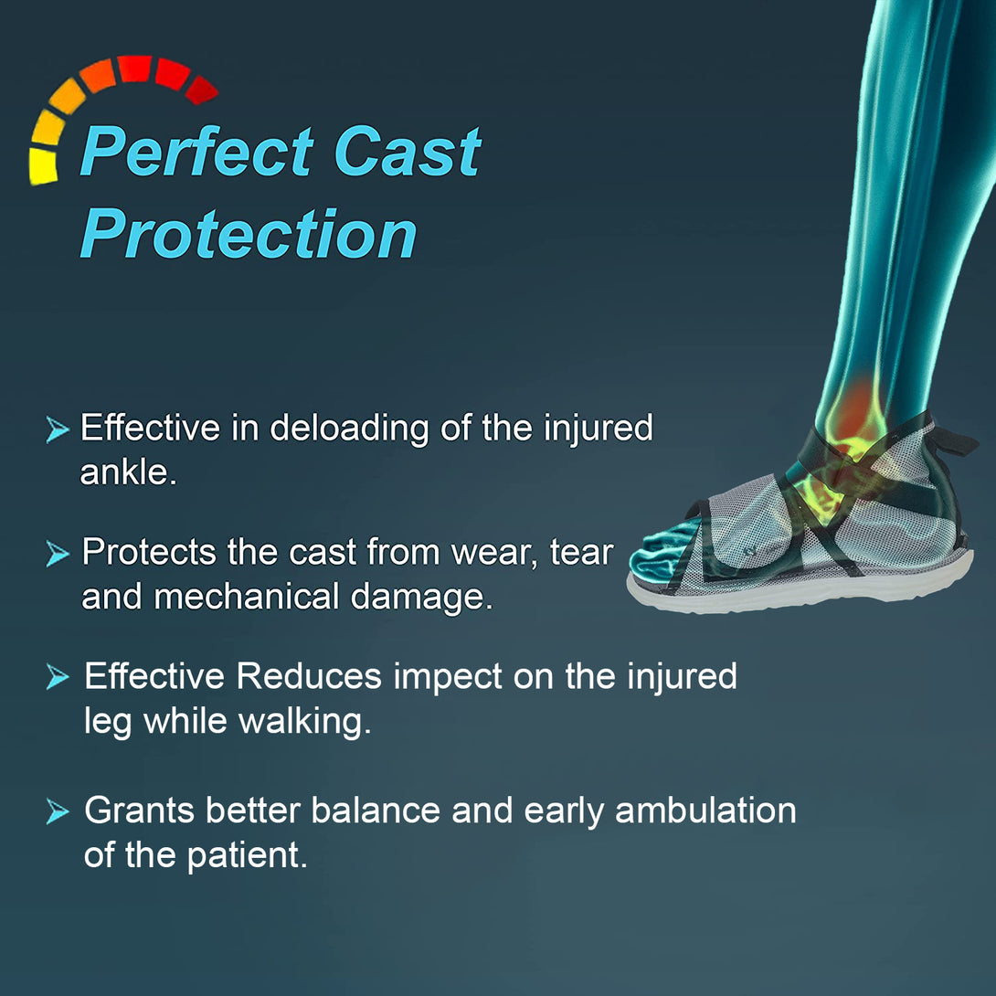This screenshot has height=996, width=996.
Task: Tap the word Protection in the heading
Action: point(249,235)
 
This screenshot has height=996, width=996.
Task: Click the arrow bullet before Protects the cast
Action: point(58,553)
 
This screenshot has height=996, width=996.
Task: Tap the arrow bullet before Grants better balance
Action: point(58,811)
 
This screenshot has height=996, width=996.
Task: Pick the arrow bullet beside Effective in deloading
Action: point(58,429)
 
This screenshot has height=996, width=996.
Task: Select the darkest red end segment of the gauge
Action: point(202,89)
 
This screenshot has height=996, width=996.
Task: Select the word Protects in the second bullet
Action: point(146,553)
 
